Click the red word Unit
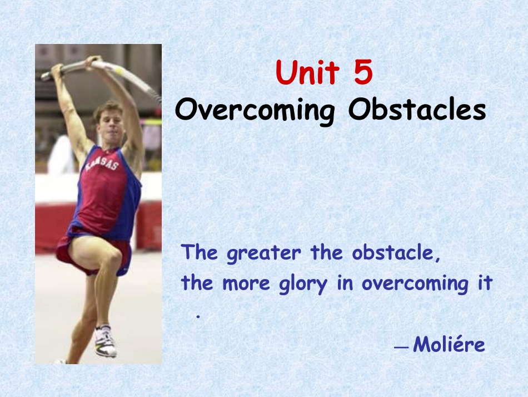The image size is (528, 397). [307, 72]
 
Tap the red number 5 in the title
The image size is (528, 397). [363, 72]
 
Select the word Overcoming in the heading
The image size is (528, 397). [255, 110]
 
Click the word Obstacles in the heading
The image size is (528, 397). [417, 109]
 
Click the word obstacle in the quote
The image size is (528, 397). [396, 252]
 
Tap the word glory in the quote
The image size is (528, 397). [303, 283]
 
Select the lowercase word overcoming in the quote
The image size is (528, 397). [415, 283]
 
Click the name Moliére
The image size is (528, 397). [449, 344]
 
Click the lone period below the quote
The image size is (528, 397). [198, 316]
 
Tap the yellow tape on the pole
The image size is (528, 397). [119, 70]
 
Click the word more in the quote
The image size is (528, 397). [246, 285]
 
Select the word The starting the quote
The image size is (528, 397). [200, 252]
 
